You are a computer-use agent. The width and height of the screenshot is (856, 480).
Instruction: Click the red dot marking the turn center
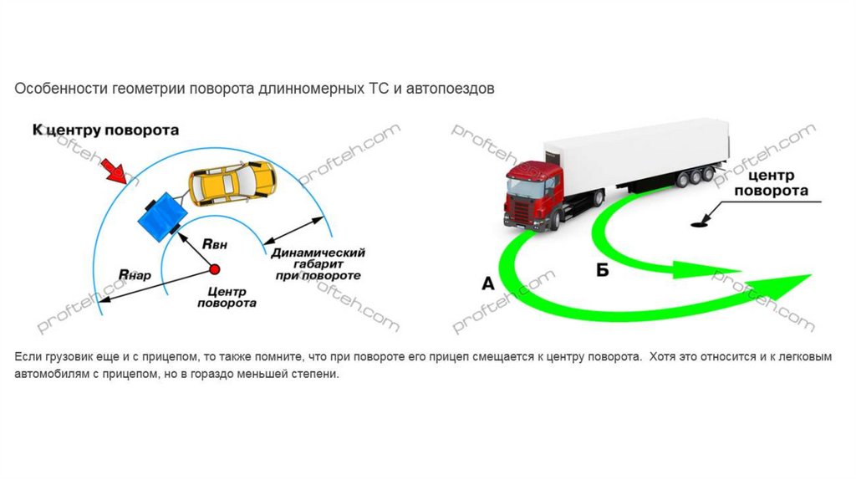click(214, 269)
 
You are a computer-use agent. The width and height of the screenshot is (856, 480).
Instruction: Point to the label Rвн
click(215, 244)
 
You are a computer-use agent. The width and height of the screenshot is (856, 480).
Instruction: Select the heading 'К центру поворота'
click(105, 130)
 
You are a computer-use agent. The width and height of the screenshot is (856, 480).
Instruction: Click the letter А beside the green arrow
click(488, 283)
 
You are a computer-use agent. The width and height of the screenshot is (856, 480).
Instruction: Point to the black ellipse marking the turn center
click(699, 223)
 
